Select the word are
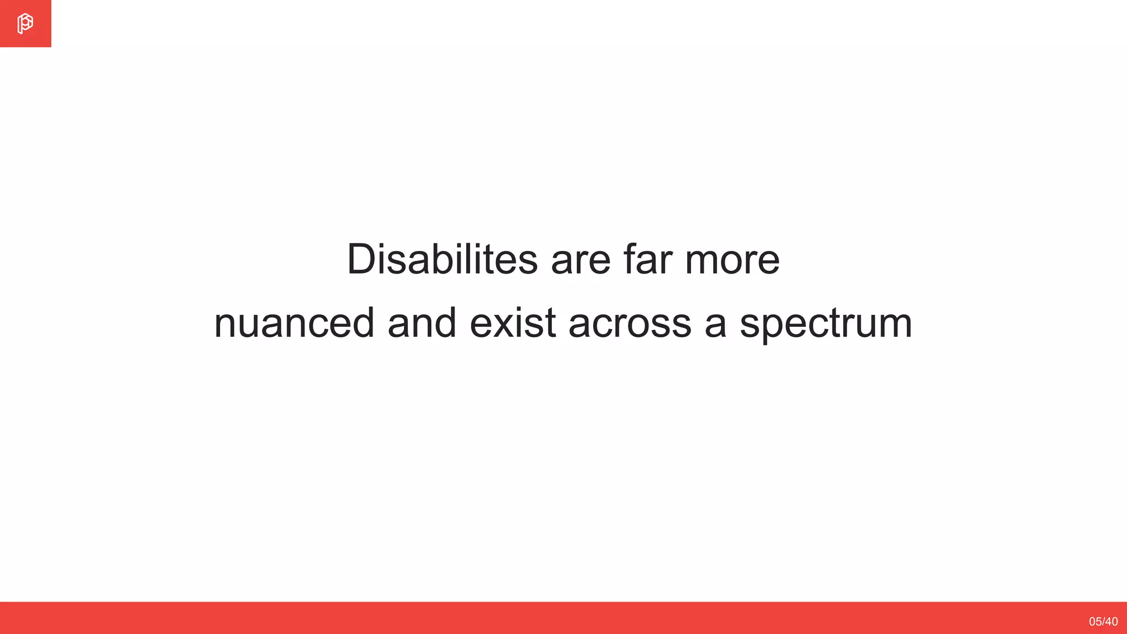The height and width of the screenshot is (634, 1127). coord(581,260)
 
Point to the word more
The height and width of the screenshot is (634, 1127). coord(732,260)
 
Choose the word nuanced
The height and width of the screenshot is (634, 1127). coord(294,324)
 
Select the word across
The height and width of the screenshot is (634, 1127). coord(630,324)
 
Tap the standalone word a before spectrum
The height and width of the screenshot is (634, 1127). coord(715,324)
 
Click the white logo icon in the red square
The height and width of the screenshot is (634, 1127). coord(25,24)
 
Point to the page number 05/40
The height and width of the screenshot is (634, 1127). coord(1103,621)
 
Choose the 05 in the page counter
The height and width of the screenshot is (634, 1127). coord(1095,621)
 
